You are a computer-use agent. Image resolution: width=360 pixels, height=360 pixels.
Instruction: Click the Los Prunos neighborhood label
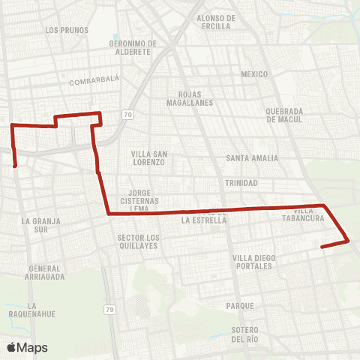(67, 31)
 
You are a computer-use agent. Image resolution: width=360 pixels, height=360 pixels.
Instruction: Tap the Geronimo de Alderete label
(132, 48)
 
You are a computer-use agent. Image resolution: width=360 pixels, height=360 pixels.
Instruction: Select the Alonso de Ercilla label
(215, 22)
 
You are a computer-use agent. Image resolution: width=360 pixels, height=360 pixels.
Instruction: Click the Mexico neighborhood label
(254, 74)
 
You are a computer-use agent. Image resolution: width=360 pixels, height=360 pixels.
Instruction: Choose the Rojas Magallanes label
(196, 98)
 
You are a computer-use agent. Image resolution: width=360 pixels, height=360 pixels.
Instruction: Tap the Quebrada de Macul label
(284, 115)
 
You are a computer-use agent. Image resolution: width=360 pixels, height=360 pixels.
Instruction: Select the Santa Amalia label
(252, 158)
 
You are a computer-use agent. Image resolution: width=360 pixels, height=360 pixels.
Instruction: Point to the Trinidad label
(241, 183)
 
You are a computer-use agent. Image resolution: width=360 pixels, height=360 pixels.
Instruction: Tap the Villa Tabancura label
(303, 214)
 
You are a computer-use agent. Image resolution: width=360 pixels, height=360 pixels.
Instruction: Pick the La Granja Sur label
(41, 226)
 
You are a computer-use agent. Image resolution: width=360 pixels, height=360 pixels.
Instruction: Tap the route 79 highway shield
(109, 309)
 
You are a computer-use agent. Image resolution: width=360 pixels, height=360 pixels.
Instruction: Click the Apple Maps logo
(27, 347)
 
